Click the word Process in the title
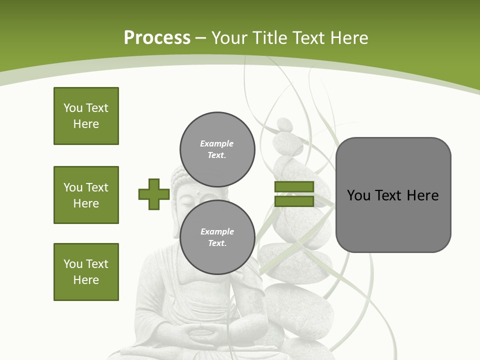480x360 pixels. (157, 37)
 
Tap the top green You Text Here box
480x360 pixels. (86, 116)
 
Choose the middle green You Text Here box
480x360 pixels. (86, 195)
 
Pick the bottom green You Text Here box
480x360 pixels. (86, 272)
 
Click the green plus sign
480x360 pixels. (153, 194)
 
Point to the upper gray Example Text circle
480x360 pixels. (217, 149)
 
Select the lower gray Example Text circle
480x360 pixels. (217, 237)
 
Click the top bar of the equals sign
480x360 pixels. (294, 187)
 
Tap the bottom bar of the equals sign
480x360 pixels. (294, 201)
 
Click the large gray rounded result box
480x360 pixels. (393, 195)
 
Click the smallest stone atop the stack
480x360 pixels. (284, 124)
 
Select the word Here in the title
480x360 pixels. (349, 38)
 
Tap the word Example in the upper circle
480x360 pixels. (216, 143)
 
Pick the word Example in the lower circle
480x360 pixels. (217, 231)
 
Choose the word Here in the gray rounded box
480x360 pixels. (422, 195)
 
